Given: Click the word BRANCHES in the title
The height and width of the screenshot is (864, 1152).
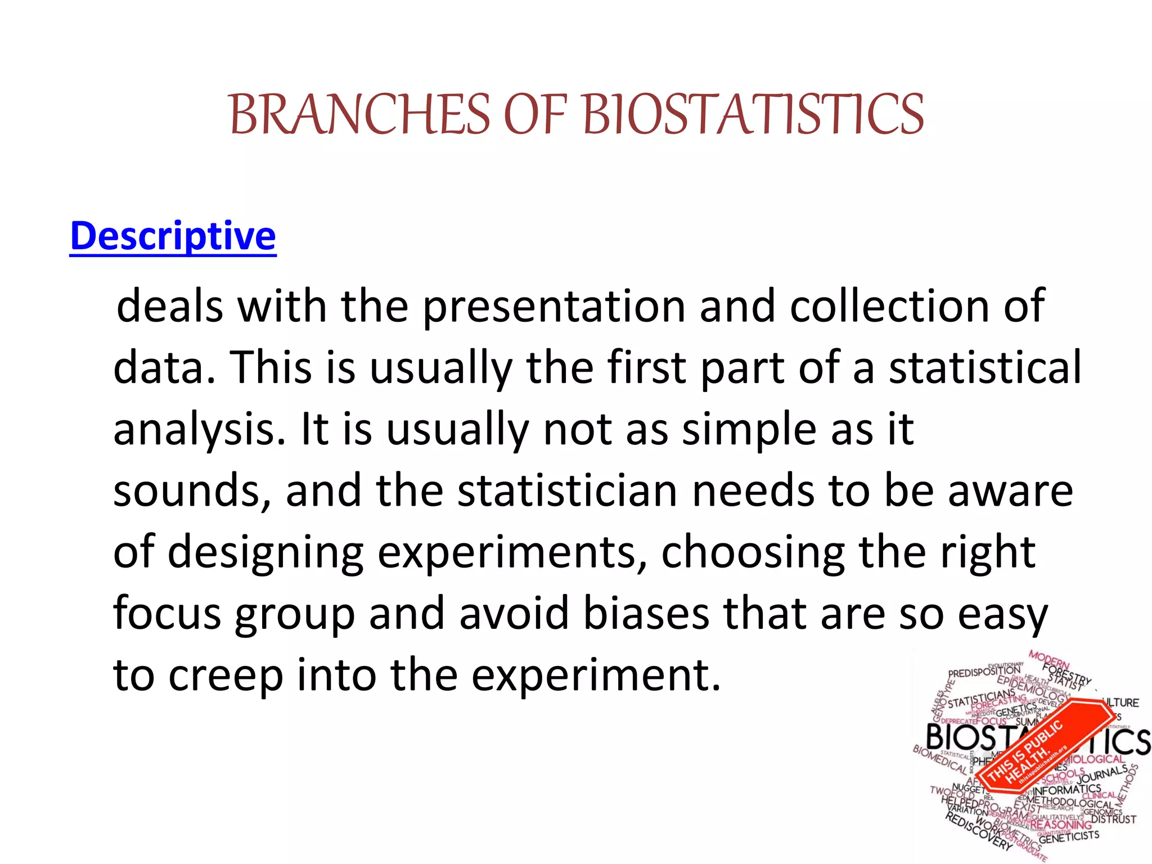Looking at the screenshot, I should coord(360,115).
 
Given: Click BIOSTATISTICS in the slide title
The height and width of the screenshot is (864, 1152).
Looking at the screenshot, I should coord(754,115).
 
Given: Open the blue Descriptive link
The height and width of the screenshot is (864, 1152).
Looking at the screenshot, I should coord(173,236).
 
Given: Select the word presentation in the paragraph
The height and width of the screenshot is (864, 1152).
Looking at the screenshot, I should coord(553,307).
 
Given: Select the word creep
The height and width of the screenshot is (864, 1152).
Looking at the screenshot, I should coord(226,676).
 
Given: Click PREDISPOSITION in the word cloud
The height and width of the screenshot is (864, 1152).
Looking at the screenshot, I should coord(984,672).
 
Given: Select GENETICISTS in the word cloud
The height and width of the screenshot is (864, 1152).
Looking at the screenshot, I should coord(1068,837).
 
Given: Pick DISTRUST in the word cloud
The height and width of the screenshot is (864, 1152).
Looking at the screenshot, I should coord(1113,819).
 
